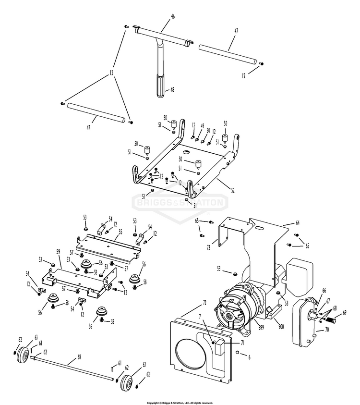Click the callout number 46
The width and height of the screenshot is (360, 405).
point(173,16)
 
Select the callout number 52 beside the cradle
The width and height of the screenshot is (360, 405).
point(233,190)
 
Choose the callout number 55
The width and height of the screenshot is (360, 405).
point(120,231)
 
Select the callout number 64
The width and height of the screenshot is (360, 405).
point(297,222)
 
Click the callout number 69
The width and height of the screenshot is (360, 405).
point(344,313)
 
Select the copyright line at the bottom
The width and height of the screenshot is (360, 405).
point(180,403)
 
